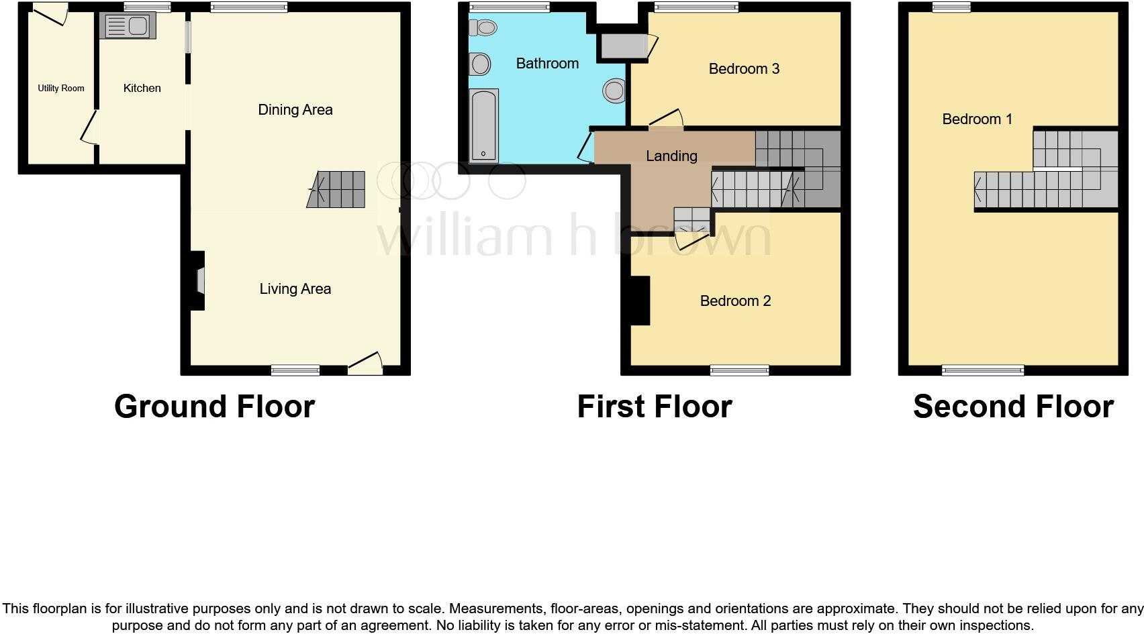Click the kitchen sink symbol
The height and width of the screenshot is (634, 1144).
128,26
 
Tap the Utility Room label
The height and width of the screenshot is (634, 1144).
61,88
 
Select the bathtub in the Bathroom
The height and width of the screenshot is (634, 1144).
483,125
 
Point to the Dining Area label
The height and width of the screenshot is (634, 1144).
295,110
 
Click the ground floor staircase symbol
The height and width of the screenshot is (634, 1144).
337,190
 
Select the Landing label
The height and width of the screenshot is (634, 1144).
671,156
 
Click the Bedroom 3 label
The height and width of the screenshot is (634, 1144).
744,69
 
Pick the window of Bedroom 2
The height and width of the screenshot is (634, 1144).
739,370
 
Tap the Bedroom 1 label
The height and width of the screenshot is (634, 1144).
977,119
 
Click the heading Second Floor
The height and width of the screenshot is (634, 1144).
1013,407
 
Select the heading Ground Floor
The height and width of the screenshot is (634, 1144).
214,407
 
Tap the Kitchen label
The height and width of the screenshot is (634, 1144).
142,89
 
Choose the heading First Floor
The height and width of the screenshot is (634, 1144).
654,407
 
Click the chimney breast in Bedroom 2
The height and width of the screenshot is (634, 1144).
640,301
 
